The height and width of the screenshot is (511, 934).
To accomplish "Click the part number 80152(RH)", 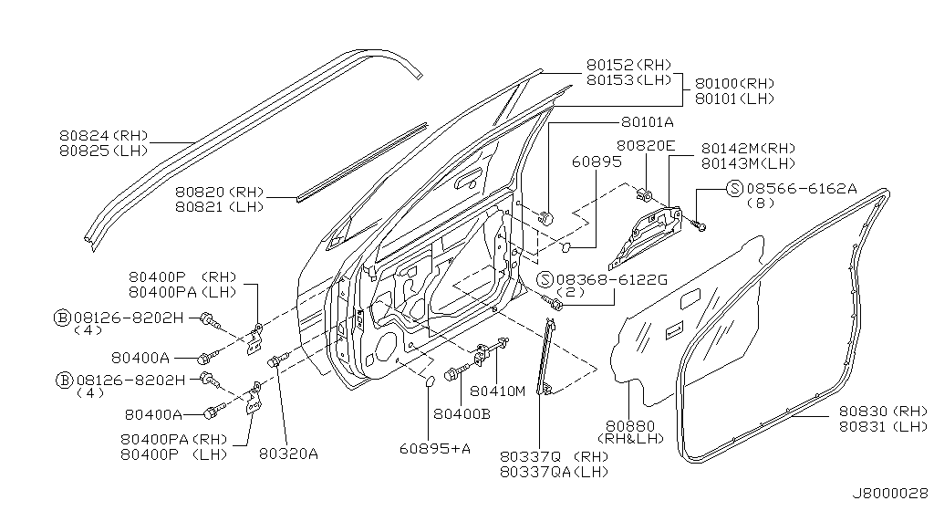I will coord(628,65).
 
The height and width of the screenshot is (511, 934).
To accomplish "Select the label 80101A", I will coord(648,121).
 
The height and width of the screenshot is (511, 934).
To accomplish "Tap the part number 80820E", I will coord(645,146).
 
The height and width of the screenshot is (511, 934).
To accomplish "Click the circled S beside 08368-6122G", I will coord(545,278).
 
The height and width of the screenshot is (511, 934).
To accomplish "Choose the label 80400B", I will coord(462,413).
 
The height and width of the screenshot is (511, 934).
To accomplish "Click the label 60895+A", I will coord(434,447).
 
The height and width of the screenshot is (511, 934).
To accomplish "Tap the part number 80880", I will coord(628,425).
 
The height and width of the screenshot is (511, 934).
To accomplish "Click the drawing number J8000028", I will coord(888,493).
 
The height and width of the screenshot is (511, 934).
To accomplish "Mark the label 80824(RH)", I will coord(102,135).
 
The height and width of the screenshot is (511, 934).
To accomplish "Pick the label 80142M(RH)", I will coord(749,148).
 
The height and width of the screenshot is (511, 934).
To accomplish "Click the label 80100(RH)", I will coord(734,83).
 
